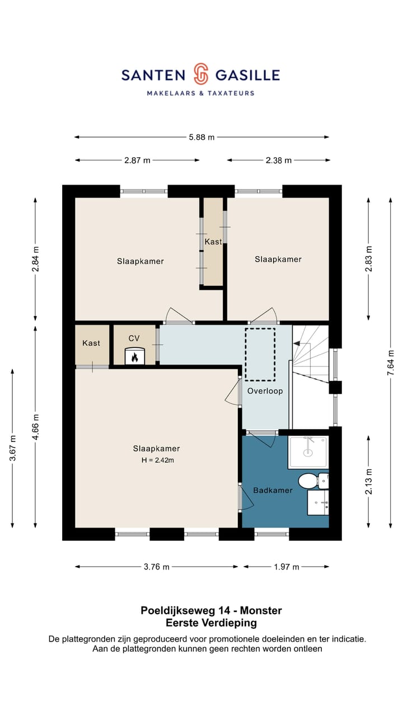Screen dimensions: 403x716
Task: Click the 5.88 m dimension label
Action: pyautogui.click(x=201, y=137)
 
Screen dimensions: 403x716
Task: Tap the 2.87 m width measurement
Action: pyautogui.click(x=137, y=160)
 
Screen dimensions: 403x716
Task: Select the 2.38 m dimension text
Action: pyautogui.click(x=279, y=160)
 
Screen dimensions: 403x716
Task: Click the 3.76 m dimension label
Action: pyautogui.click(x=156, y=567)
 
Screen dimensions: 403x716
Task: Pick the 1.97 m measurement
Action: pyautogui.click(x=287, y=567)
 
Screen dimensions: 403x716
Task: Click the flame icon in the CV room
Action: pyautogui.click(x=135, y=357)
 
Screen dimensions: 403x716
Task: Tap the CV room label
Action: pyautogui.click(x=134, y=338)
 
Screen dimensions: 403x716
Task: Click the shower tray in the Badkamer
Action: pyautogui.click(x=308, y=452)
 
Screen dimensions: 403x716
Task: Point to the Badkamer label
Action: pyautogui.click(x=273, y=491)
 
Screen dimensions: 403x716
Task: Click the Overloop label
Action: pyautogui.click(x=265, y=391)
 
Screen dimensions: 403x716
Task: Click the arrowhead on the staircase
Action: pyautogui.click(x=297, y=343)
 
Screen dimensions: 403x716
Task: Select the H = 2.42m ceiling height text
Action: pyautogui.click(x=158, y=460)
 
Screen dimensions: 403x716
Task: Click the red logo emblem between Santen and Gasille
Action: pyautogui.click(x=201, y=73)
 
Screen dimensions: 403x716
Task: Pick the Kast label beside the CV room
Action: pyautogui.click(x=91, y=343)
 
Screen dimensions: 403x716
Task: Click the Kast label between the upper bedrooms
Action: pyautogui.click(x=213, y=242)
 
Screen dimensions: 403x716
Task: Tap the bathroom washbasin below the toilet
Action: pyautogui.click(x=318, y=503)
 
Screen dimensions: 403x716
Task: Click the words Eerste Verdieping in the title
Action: pyautogui.click(x=211, y=623)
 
